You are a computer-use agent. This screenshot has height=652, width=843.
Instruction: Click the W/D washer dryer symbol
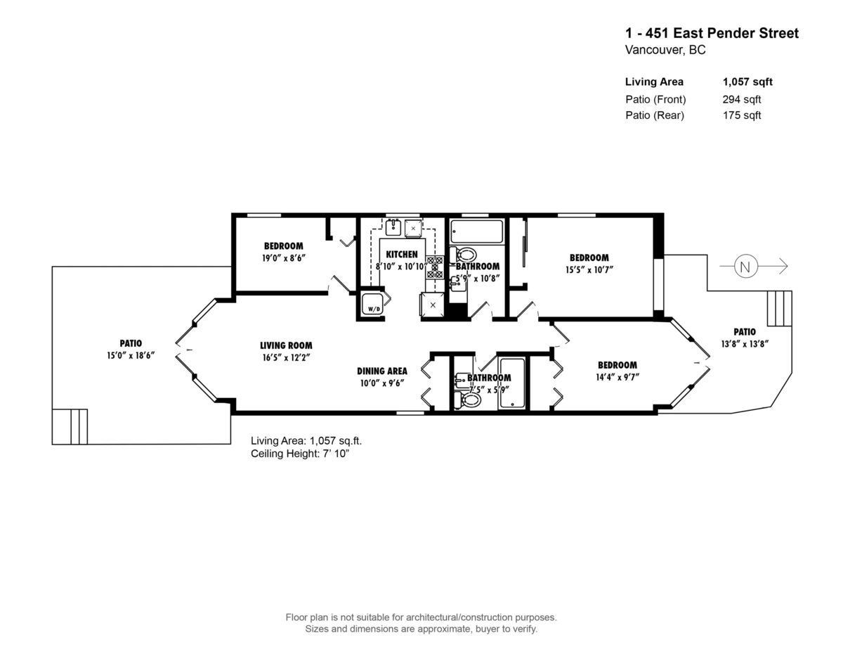click(x=373, y=306)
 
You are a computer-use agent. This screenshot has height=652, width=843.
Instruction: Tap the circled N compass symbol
click(x=745, y=267)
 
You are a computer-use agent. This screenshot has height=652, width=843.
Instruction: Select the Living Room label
click(x=286, y=345)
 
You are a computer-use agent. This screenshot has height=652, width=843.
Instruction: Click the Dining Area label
click(x=381, y=371)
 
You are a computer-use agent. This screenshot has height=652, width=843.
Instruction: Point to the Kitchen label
click(x=402, y=255)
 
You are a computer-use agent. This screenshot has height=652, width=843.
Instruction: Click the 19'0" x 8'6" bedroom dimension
click(x=284, y=258)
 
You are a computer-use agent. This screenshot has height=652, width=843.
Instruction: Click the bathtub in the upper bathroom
click(x=477, y=231)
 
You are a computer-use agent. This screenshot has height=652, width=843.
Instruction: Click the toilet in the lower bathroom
click(x=468, y=400)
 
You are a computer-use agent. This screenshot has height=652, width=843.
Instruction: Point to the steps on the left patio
click(x=70, y=426)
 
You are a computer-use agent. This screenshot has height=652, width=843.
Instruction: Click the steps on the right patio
click(x=778, y=308)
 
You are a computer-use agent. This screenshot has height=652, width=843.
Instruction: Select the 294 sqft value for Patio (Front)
click(x=742, y=99)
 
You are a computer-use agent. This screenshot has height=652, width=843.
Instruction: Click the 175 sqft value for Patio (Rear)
click(x=742, y=115)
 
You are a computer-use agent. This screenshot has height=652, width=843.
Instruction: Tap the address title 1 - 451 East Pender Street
click(x=712, y=33)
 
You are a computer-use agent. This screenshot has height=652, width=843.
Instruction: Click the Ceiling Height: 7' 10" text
click(x=300, y=454)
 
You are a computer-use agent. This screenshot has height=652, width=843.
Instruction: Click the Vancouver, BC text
click(x=665, y=51)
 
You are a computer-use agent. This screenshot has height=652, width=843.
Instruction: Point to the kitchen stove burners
click(x=434, y=267)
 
